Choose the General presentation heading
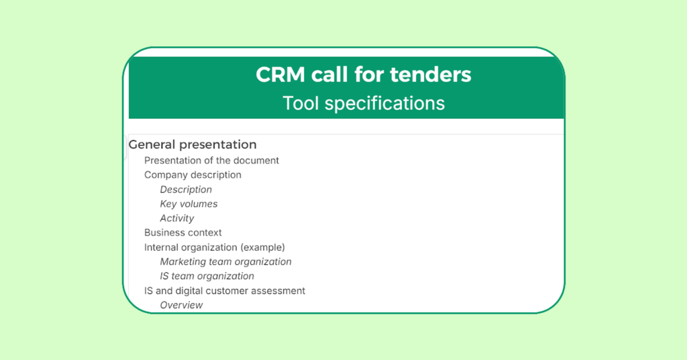click(192, 144)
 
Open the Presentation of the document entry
click(211, 161)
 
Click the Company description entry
click(193, 175)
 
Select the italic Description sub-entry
click(186, 189)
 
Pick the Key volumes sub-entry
click(189, 204)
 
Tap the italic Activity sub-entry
click(177, 218)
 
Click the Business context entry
click(182, 232)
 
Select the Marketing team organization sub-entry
click(225, 261)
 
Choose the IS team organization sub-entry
click(207, 276)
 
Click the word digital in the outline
click(189, 291)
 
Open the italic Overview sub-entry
click(181, 305)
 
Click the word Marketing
click(182, 261)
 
